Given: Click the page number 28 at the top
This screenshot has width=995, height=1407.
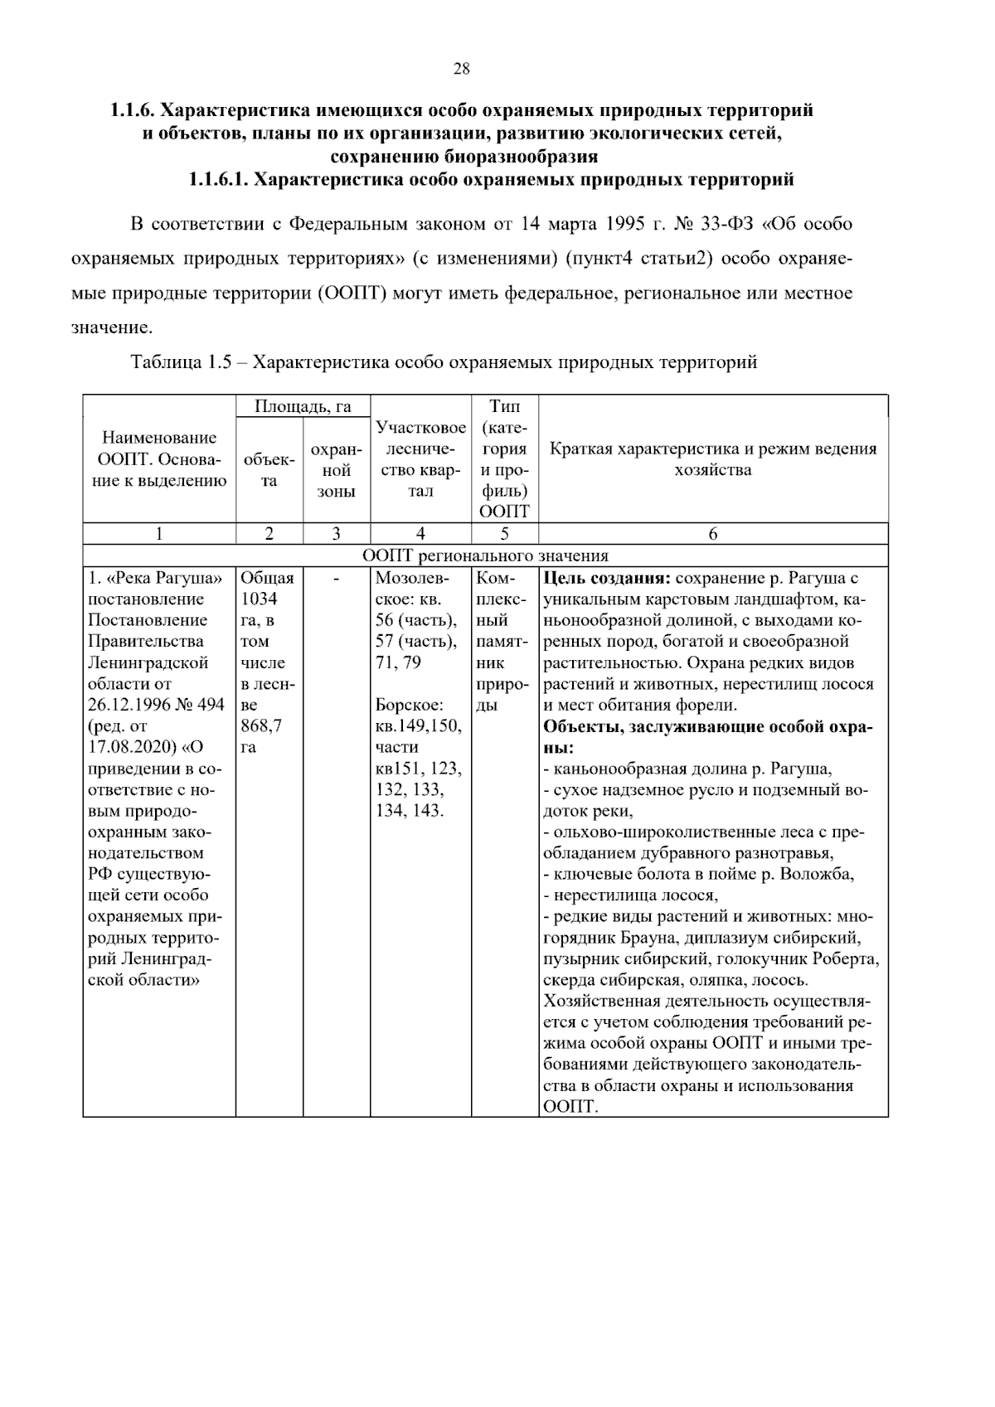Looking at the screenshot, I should click(x=462, y=70).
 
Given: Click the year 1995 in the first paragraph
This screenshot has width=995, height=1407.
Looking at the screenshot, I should click(x=626, y=224).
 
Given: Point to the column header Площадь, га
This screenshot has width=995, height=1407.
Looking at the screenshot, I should click(x=303, y=406).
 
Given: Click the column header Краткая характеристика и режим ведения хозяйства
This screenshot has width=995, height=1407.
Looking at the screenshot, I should click(x=713, y=459).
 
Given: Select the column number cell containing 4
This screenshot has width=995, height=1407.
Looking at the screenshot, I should click(x=420, y=534).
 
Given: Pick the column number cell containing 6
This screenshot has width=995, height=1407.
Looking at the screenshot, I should click(x=713, y=534).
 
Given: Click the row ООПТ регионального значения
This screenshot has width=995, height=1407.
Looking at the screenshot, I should click(x=486, y=556).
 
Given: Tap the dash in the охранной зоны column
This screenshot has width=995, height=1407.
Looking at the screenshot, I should click(x=336, y=579).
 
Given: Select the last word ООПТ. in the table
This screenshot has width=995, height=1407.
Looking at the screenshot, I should click(x=570, y=1108).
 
